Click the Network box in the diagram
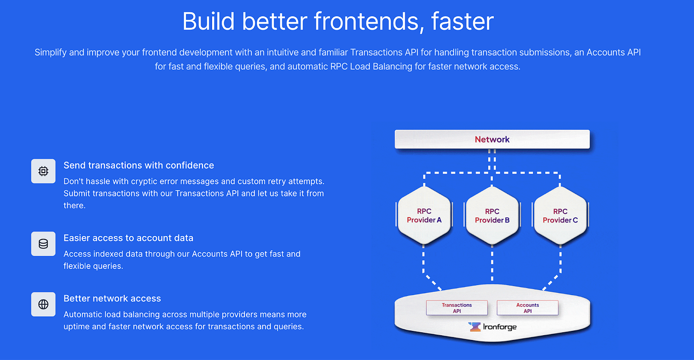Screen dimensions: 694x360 click(x=492, y=139)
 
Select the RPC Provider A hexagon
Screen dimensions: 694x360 click(x=424, y=216)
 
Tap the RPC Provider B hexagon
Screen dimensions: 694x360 click(x=492, y=216)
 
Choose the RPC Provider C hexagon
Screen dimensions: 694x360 click(x=560, y=216)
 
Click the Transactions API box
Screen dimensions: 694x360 click(x=457, y=308)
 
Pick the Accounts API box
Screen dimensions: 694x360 click(x=527, y=308)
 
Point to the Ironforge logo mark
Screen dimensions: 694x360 click(x=474, y=327)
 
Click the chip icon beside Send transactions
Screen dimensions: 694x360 click(x=43, y=171)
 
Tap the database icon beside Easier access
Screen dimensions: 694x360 click(x=43, y=244)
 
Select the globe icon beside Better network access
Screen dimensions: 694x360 click(x=43, y=304)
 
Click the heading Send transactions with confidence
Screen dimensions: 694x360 click(x=139, y=165)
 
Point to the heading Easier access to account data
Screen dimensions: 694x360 click(x=128, y=238)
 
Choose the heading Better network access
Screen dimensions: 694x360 click(x=112, y=298)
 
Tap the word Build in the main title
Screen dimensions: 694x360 click(x=208, y=21)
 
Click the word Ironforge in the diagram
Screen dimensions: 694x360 click(x=500, y=327)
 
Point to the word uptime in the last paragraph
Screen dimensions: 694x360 click(x=77, y=327)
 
